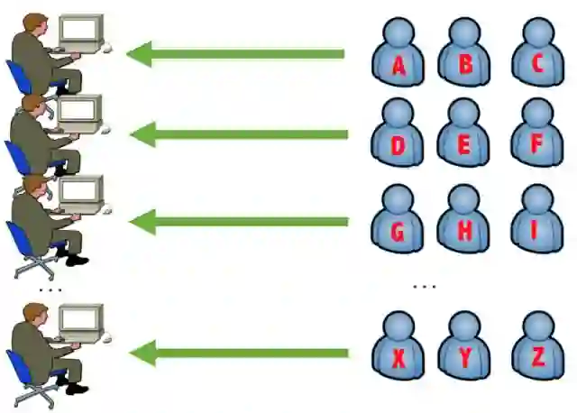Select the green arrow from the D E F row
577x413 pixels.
239,135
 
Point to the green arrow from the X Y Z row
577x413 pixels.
240,352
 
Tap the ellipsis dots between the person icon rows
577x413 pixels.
424,287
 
